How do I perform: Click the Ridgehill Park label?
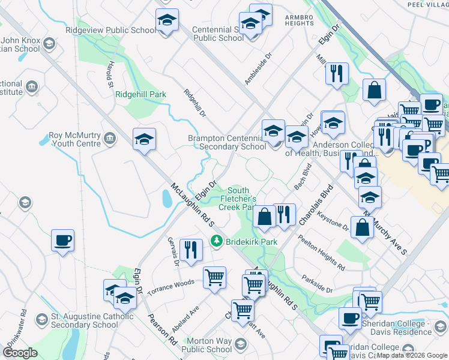[140, 95]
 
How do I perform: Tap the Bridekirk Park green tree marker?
[217, 241]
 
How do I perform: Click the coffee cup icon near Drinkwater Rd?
[63, 241]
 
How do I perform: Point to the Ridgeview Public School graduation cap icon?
[166, 20]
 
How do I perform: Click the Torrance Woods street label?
[171, 281]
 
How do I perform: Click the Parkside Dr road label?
[318, 286]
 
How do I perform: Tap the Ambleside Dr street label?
[258, 67]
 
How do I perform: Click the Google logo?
[20, 353]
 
